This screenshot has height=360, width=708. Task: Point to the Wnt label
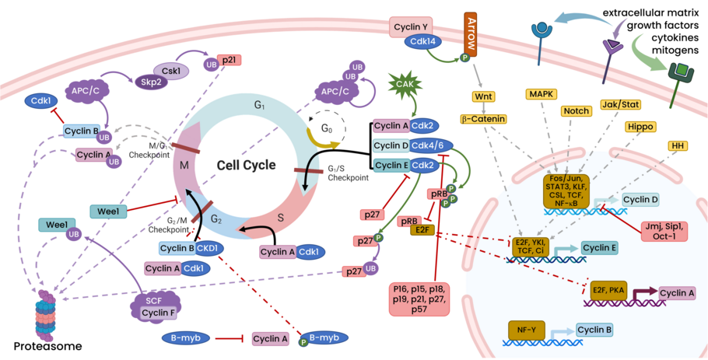click(485, 97)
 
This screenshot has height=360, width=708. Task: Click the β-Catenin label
click(483, 119)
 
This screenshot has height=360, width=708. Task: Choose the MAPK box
click(542, 94)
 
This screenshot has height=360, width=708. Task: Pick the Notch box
click(577, 110)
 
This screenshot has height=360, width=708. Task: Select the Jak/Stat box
click(619, 103)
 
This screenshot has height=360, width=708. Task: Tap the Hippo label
click(639, 126)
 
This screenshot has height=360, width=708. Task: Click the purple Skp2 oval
click(151, 80)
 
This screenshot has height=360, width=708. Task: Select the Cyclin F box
click(158, 313)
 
